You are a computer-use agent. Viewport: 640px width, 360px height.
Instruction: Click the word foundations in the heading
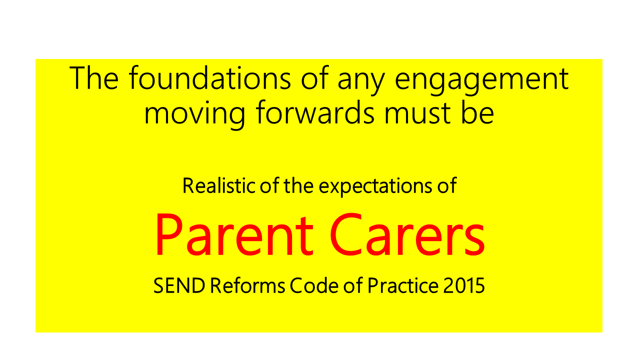pos(209,77)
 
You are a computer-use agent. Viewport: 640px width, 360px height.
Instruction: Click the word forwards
pos(315,112)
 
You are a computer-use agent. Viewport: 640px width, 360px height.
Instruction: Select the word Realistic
pos(219,185)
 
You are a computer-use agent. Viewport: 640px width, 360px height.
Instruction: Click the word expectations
pos(375,187)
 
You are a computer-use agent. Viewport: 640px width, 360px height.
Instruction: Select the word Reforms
pos(247,285)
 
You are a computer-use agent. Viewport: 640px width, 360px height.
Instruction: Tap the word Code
pos(314,285)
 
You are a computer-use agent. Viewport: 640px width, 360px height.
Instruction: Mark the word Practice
pos(403,285)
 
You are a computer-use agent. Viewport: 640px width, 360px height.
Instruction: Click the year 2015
pos(464,285)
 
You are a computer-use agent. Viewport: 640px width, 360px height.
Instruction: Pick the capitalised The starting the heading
pos(93,77)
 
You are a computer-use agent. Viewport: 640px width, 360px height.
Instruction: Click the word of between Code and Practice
pos(353,285)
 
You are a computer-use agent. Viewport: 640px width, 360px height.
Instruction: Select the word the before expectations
pos(298,185)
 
